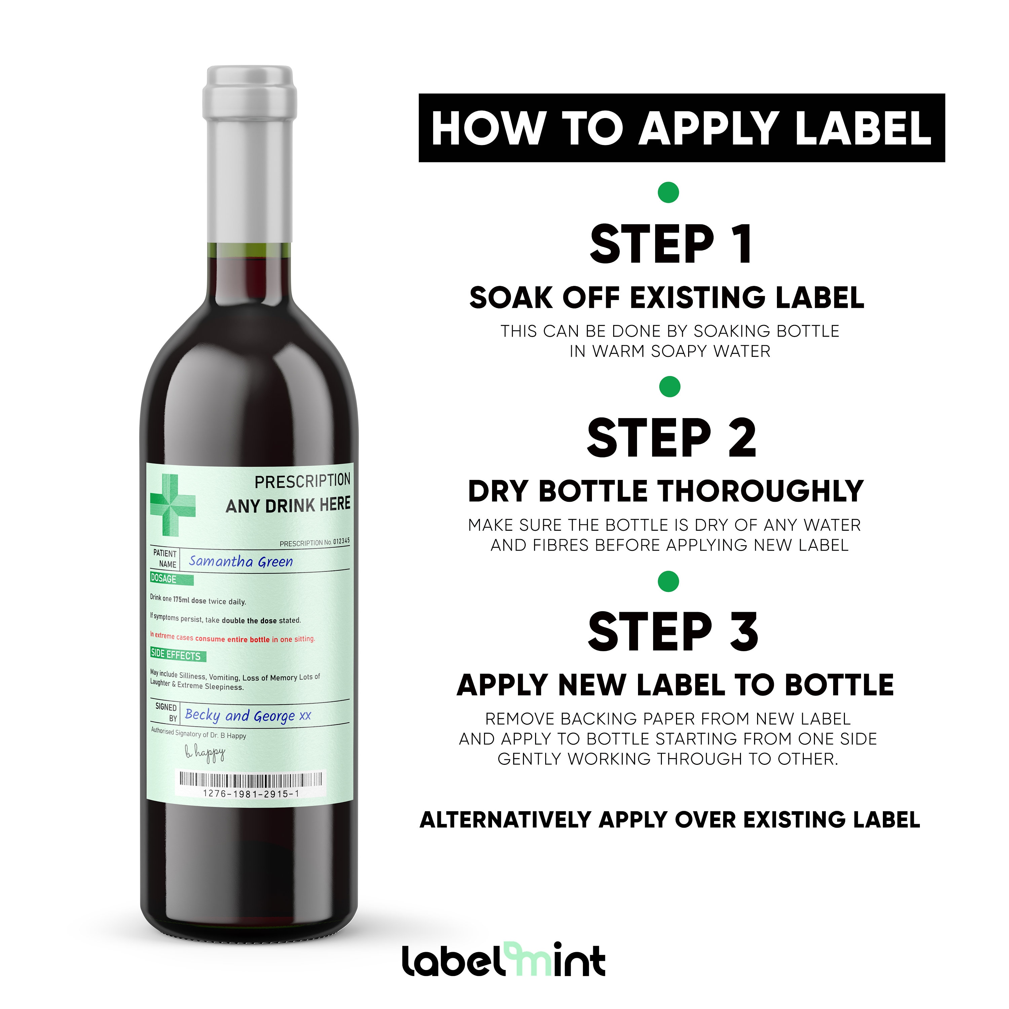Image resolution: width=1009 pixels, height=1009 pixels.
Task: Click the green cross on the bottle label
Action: [172, 505]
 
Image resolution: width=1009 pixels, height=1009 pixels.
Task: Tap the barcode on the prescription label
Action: [251, 780]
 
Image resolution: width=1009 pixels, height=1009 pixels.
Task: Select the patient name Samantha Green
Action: [241, 561]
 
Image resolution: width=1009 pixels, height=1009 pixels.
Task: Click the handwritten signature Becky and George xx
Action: [248, 715]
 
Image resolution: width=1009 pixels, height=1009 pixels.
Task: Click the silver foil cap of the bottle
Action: [250, 151]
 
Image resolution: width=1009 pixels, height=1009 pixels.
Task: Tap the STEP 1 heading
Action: [671, 245]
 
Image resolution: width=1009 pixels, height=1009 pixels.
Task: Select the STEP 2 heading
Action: [671, 438]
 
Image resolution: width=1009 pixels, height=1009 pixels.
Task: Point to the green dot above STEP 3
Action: [669, 581]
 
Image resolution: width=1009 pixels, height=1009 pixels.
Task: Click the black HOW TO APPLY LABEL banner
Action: [681, 128]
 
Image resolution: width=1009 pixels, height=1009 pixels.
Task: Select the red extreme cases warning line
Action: [232, 638]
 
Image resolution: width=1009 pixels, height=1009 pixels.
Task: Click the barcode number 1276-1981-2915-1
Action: [251, 794]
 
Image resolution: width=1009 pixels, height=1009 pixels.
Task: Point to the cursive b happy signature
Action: [205, 753]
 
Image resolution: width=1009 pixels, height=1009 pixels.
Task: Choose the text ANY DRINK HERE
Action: [288, 505]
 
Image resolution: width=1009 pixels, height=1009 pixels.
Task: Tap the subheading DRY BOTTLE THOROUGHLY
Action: [666, 491]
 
